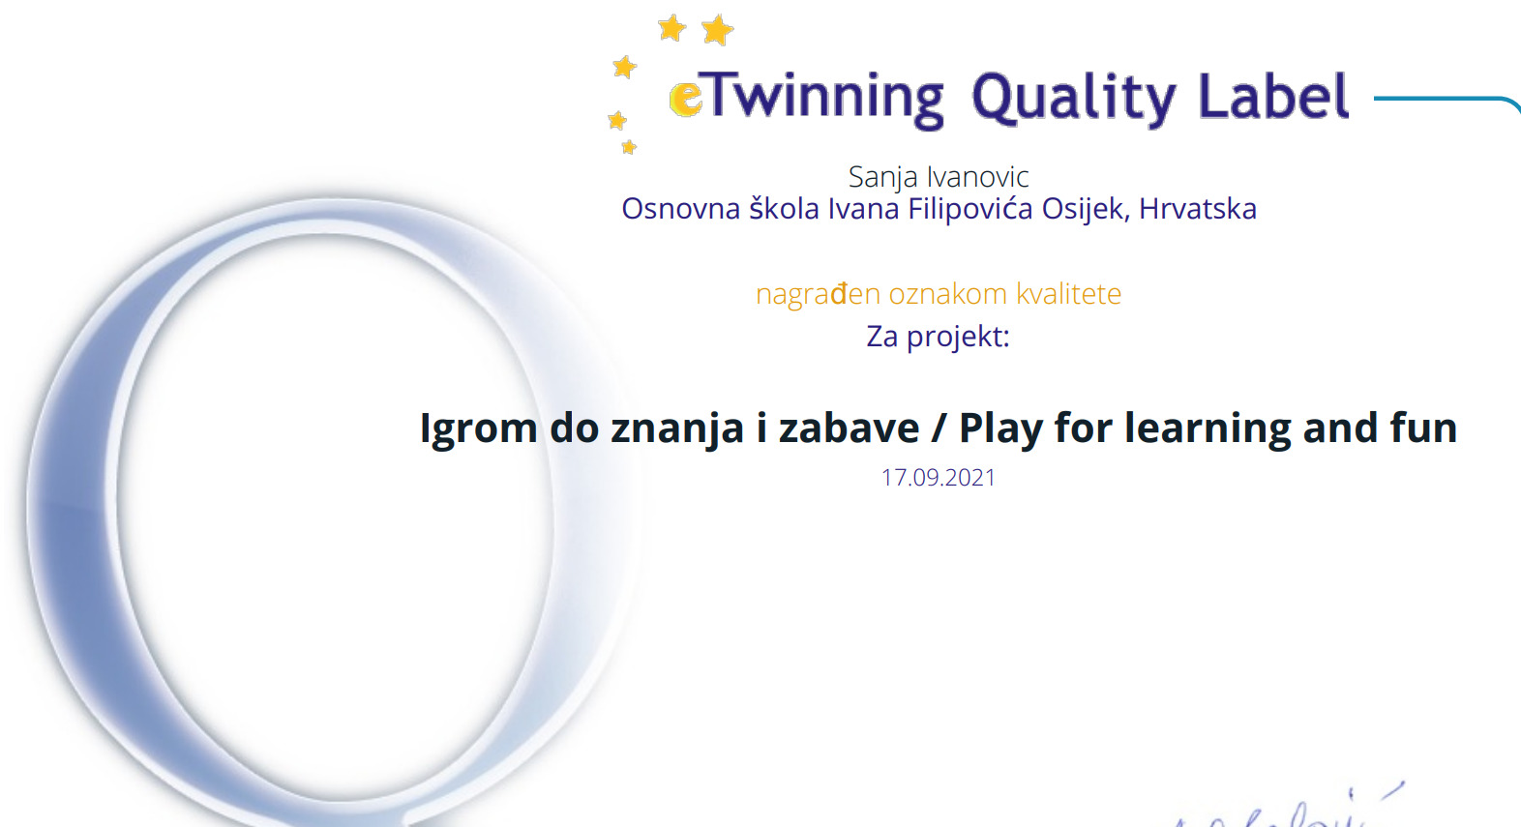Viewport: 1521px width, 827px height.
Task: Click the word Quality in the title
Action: [1074, 99]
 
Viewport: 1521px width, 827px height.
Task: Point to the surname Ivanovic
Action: [978, 177]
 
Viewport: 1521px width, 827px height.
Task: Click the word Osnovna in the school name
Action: [681, 209]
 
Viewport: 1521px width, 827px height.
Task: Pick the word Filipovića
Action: [971, 209]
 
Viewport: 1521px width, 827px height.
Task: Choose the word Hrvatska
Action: [1198, 209]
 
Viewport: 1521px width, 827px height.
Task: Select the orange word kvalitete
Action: [1069, 294]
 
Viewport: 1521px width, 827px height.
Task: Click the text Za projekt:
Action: [939, 337]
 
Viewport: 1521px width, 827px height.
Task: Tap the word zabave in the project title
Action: [849, 428]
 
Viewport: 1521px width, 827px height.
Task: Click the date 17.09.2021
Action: [939, 478]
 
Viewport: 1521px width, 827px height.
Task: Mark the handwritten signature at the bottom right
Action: [1283, 808]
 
